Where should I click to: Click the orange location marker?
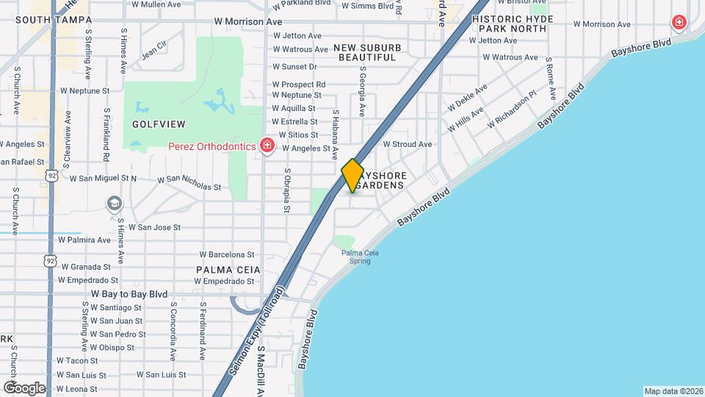pyautogui.click(x=352, y=176)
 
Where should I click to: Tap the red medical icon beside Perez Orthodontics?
pyautogui.click(x=267, y=146)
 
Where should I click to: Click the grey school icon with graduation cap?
pyautogui.click(x=114, y=203)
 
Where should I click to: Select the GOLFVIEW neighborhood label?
pyautogui.click(x=159, y=124)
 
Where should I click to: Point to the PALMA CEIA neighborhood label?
pyautogui.click(x=225, y=270)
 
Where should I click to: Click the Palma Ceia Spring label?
pyautogui.click(x=360, y=257)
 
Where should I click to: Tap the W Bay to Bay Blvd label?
pyautogui.click(x=129, y=293)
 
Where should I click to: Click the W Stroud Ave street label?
pyautogui.click(x=408, y=144)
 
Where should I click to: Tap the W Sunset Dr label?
pyautogui.click(x=294, y=66)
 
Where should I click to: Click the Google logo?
pyautogui.click(x=23, y=387)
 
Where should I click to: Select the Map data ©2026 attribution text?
pyautogui.click(x=673, y=391)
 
